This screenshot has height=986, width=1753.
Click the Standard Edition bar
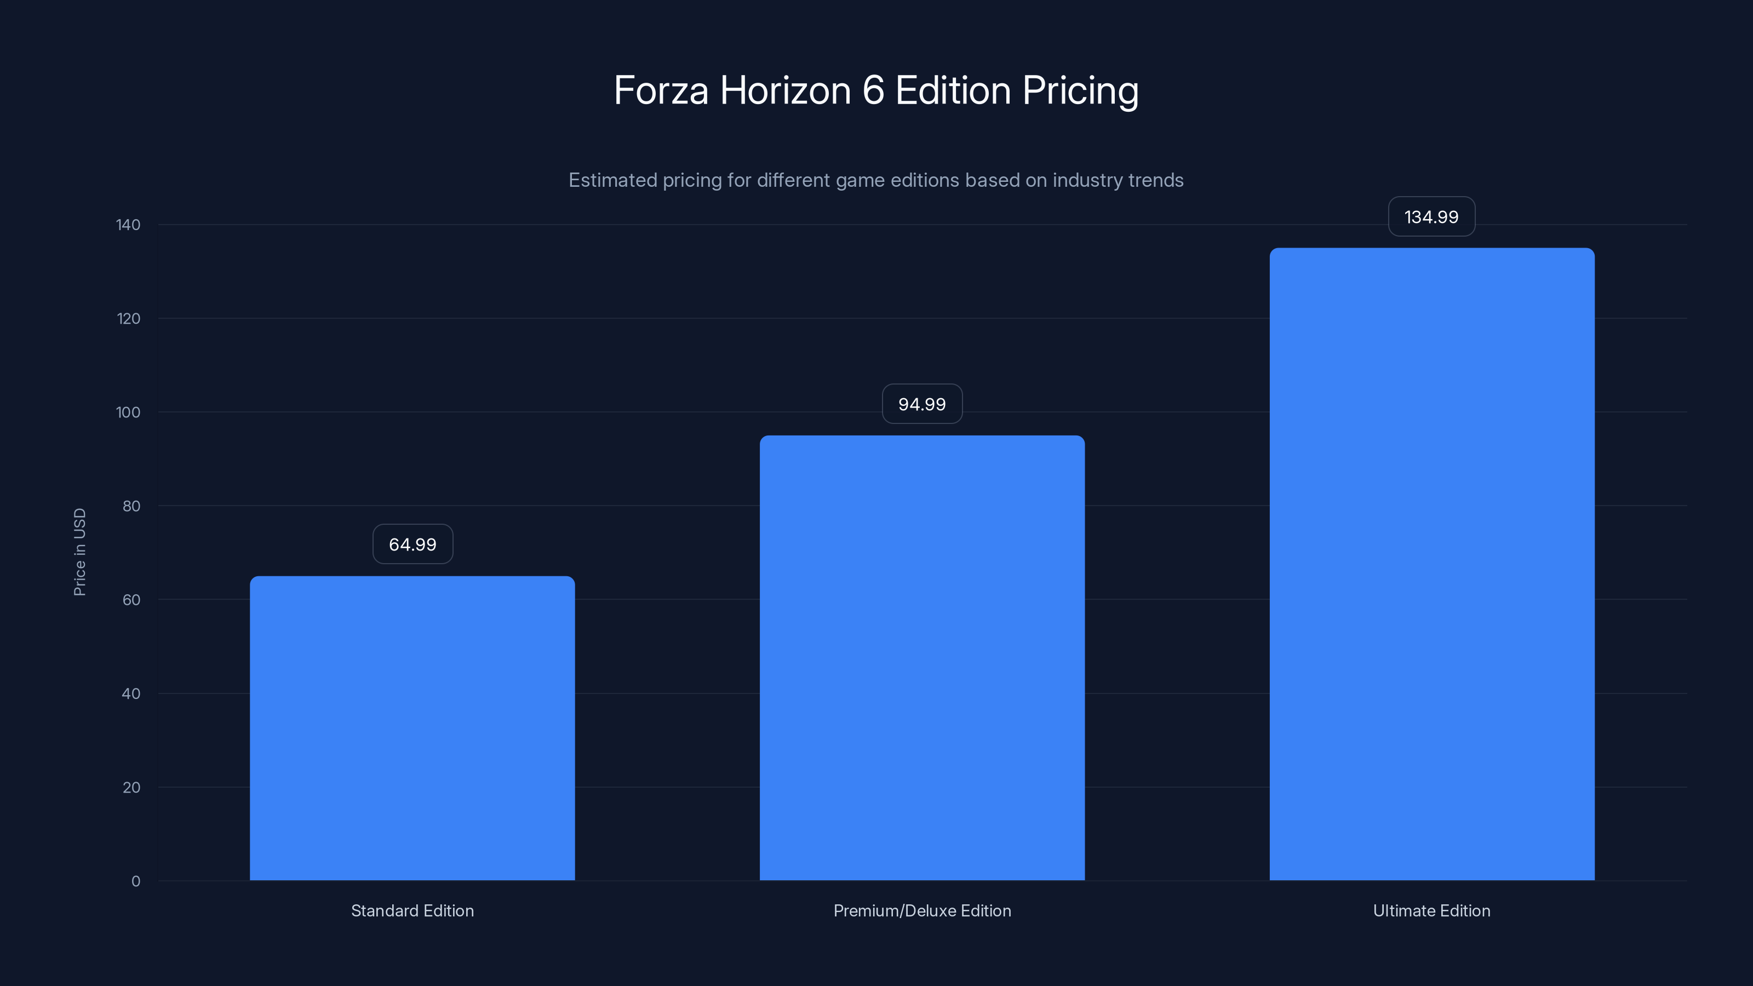click(412, 728)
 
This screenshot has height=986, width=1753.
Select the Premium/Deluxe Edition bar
click(922, 657)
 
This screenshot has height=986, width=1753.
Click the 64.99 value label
click(413, 544)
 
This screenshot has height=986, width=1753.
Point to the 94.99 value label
click(922, 404)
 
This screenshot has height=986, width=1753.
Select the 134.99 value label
click(1431, 217)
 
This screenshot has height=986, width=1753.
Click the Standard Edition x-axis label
click(413, 910)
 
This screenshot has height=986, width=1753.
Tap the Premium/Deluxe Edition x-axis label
click(922, 910)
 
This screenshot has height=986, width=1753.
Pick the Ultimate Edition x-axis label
click(1431, 910)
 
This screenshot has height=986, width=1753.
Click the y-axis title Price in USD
click(79, 552)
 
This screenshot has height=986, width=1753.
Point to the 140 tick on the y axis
click(128, 225)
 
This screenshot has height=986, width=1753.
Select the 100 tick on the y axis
click(128, 412)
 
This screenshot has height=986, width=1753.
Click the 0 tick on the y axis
click(135, 881)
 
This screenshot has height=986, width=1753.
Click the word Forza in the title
click(661, 90)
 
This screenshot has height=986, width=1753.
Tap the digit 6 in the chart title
click(873, 90)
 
